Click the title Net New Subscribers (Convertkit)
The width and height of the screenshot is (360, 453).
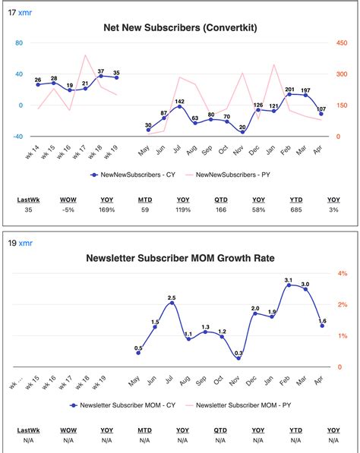click(x=180, y=28)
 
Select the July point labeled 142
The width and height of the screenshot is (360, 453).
click(x=179, y=106)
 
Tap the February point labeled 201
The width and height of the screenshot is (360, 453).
click(x=289, y=94)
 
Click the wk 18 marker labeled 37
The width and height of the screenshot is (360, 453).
click(x=101, y=76)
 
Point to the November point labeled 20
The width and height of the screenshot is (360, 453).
click(x=242, y=132)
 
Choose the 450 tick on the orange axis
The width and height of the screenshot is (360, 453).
click(x=342, y=42)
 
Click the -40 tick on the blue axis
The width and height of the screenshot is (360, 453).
click(x=17, y=137)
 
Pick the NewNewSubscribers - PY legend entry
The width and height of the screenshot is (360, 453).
click(x=228, y=175)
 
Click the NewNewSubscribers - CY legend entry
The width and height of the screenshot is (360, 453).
click(x=133, y=175)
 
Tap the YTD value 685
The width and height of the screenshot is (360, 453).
click(x=296, y=209)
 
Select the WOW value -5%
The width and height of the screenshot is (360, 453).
click(x=68, y=209)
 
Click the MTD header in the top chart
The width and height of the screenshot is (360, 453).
click(x=145, y=200)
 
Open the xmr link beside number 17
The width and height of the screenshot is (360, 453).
click(x=25, y=13)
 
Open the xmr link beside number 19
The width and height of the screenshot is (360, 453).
click(x=26, y=244)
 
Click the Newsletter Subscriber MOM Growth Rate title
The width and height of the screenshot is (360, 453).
click(x=180, y=258)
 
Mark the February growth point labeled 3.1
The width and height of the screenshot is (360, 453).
click(x=289, y=285)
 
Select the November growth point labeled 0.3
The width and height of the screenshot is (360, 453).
click(x=238, y=358)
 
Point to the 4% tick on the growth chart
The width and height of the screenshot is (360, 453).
click(x=343, y=273)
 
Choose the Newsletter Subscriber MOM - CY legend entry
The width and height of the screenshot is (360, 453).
click(x=122, y=405)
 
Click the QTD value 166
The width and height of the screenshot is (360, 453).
click(x=221, y=209)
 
